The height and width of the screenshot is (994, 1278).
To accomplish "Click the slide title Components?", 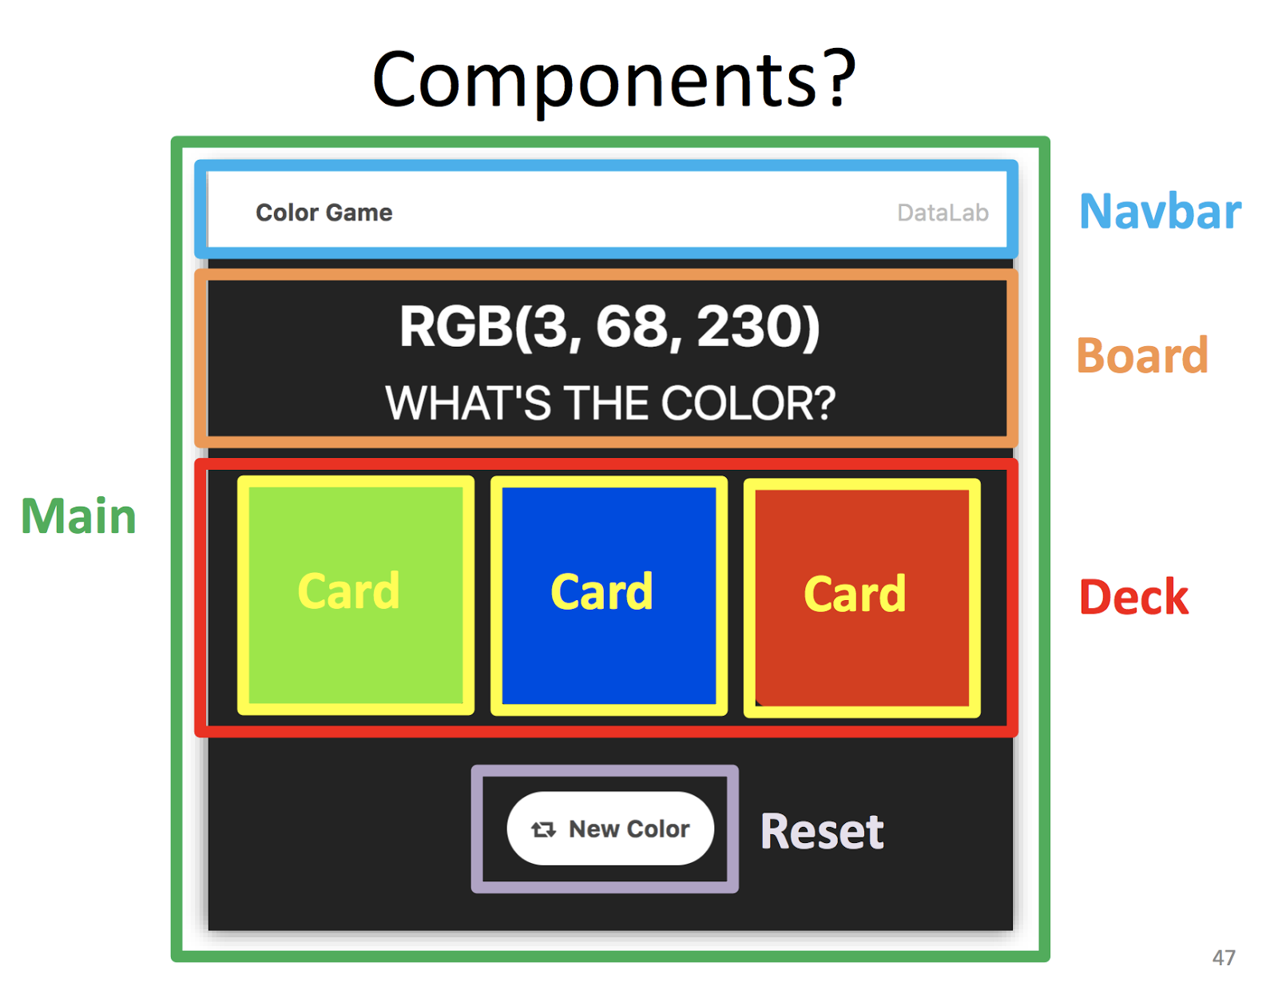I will [x=613, y=80].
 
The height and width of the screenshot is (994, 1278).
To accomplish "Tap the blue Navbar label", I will [x=1160, y=213].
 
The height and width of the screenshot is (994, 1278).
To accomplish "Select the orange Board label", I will [x=1141, y=356].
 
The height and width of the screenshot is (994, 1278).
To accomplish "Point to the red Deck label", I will [x=1133, y=598].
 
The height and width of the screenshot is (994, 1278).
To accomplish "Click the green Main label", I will [x=78, y=516].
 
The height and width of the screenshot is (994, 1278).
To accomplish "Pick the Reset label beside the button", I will [x=822, y=832].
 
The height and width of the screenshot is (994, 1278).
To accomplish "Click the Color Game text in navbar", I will [x=323, y=213].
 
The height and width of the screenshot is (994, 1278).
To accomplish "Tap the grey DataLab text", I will [x=943, y=213].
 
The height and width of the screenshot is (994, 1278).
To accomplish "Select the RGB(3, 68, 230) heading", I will [x=609, y=328].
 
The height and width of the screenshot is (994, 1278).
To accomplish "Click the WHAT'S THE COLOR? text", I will [x=609, y=404].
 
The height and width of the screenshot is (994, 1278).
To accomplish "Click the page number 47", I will [x=1223, y=957].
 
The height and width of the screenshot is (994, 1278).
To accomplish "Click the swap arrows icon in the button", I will [x=544, y=829].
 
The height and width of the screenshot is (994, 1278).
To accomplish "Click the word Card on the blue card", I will [x=601, y=592].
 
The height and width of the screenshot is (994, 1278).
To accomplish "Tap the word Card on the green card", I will [x=348, y=591].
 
